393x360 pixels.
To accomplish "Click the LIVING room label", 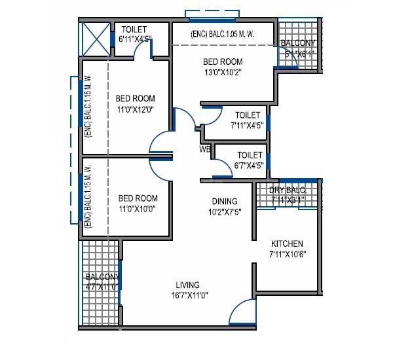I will pyautogui.click(x=187, y=285).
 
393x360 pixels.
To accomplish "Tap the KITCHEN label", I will pyautogui.click(x=288, y=243).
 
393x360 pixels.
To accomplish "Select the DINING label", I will pyautogui.click(x=224, y=202).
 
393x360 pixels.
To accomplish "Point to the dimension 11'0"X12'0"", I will pyautogui.click(x=135, y=109).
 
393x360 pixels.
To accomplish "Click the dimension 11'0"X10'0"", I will pyautogui.click(x=138, y=209).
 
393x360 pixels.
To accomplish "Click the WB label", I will pyautogui.click(x=205, y=149).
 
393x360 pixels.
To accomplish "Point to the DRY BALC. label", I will pyautogui.click(x=288, y=191).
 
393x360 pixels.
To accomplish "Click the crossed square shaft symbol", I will pyautogui.click(x=94, y=39).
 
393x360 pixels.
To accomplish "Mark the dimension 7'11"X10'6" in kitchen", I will pyautogui.click(x=288, y=254).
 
